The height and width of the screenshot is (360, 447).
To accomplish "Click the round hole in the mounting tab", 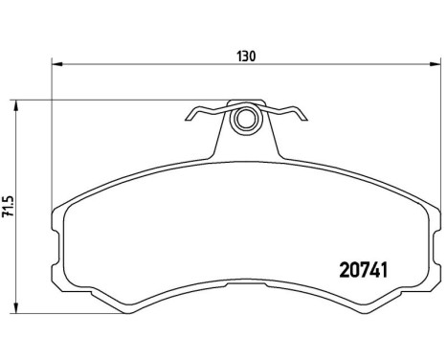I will [245, 122].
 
